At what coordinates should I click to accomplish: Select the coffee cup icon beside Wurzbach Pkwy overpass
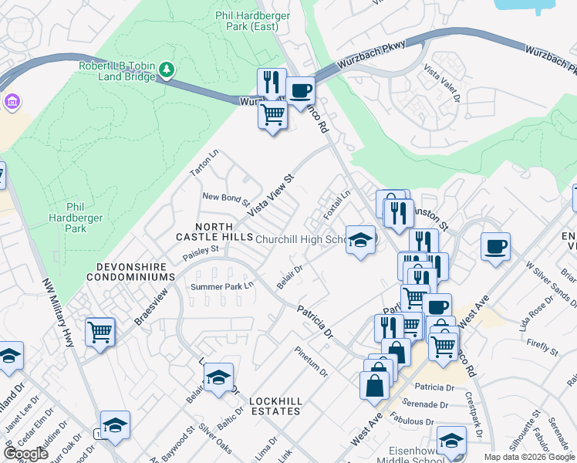[x=301, y=90]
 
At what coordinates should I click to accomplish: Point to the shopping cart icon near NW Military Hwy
[x=100, y=333]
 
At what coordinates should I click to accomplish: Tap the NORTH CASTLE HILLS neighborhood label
[x=214, y=230]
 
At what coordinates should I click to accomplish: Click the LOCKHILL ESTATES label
[x=275, y=406]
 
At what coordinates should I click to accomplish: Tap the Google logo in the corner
[x=26, y=453]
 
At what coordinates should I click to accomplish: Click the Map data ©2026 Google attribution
[x=529, y=457]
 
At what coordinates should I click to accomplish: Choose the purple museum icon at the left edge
[x=10, y=102]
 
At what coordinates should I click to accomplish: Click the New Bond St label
[x=226, y=201]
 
